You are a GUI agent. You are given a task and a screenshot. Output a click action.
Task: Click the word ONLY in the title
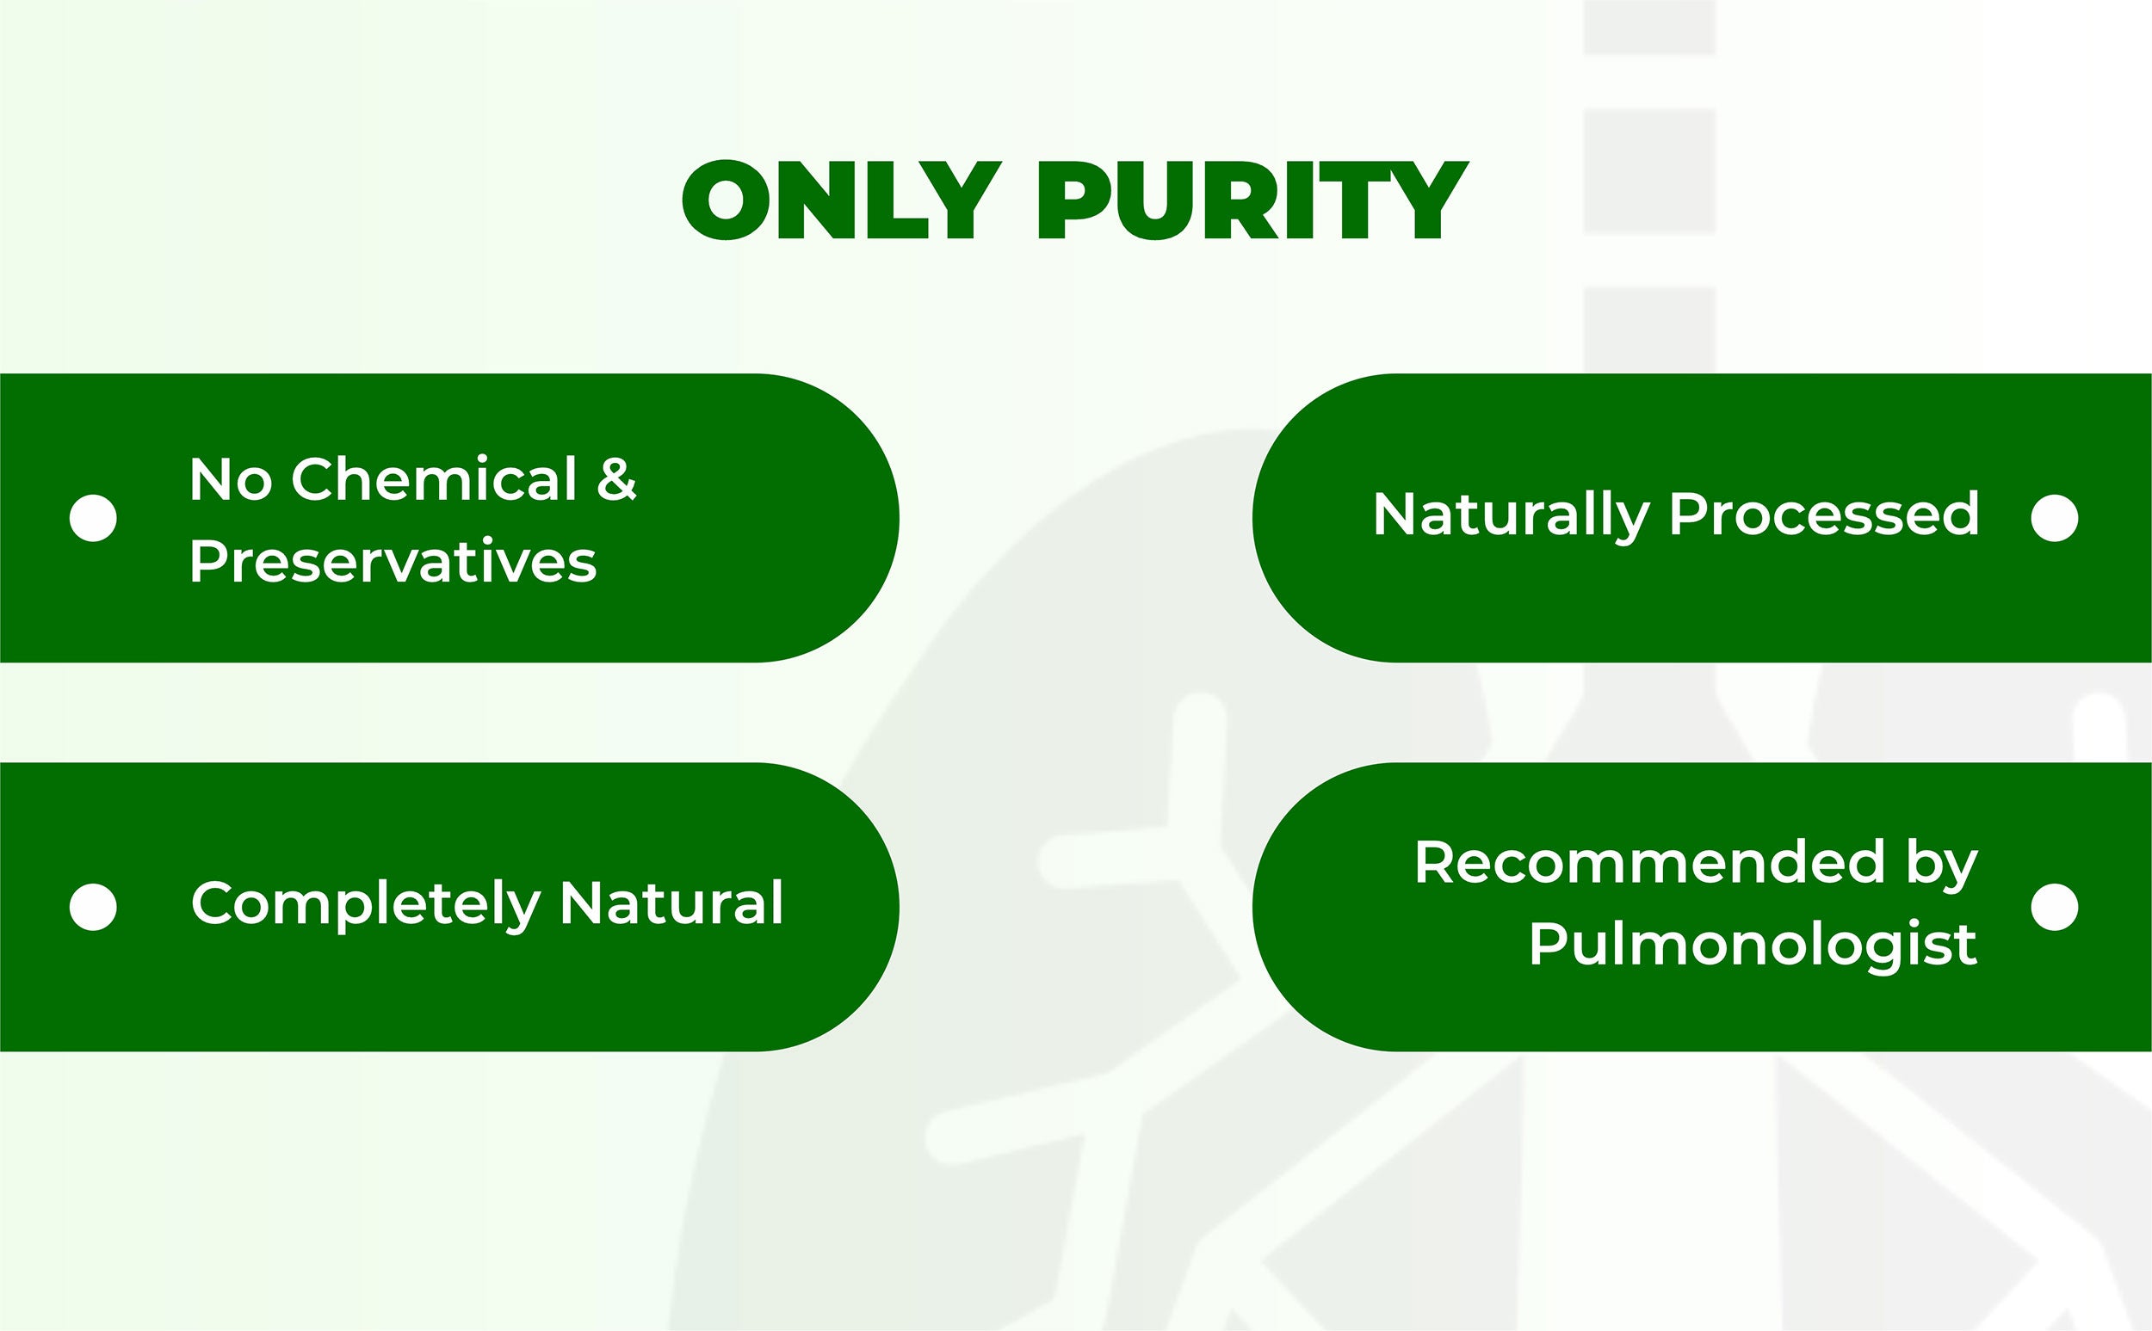[x=842, y=200]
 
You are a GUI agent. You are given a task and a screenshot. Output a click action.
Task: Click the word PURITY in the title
[x=1254, y=200]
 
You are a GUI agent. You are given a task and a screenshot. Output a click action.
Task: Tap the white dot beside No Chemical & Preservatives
[x=93, y=518]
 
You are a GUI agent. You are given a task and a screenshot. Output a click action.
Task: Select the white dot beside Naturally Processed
[x=2055, y=518]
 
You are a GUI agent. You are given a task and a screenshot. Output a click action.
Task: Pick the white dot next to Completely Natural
[x=93, y=907]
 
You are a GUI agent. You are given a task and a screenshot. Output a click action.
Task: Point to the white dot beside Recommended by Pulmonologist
[x=2055, y=907]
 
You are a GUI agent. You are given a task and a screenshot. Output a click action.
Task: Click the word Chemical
[x=434, y=480]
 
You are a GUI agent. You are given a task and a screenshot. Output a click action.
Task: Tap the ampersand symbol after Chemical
[x=616, y=481]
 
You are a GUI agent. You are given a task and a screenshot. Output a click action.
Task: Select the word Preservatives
[x=393, y=562]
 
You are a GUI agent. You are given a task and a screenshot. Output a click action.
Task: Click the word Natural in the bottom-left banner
[x=671, y=903]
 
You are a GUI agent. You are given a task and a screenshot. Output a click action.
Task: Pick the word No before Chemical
[x=231, y=480]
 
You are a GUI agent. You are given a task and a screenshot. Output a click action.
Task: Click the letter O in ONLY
[x=726, y=200]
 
